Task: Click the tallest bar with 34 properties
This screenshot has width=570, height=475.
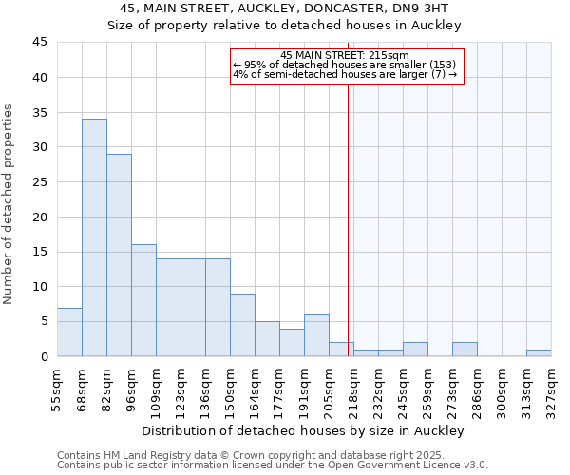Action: (94, 237)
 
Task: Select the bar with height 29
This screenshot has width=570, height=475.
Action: (119, 255)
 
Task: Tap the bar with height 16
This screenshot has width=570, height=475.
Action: (143, 300)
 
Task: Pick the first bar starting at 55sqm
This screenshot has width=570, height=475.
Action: (69, 332)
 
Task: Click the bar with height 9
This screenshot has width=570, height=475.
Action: (242, 325)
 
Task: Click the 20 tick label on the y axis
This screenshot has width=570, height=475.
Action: (41, 217)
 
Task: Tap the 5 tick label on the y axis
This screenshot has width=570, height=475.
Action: (44, 321)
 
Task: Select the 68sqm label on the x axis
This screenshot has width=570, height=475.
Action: (82, 389)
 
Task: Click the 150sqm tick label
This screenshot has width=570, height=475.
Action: (230, 389)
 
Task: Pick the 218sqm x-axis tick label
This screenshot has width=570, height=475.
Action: (353, 389)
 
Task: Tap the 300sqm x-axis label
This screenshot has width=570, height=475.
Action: (502, 389)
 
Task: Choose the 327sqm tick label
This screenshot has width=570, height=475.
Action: (551, 389)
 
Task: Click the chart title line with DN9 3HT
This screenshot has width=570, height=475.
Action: (285, 9)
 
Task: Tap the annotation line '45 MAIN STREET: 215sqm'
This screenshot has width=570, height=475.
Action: (345, 55)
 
